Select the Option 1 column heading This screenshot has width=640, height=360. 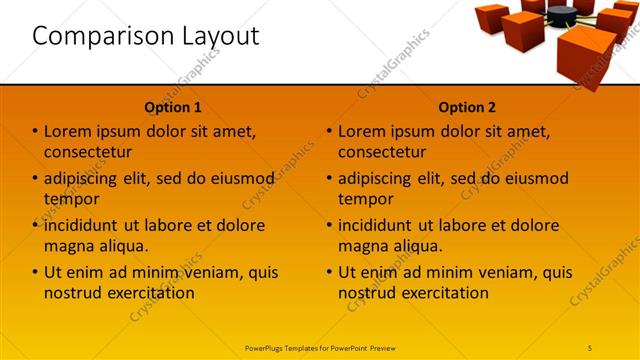pos(173,107)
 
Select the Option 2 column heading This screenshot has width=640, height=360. pos(467,107)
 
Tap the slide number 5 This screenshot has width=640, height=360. pos(590,347)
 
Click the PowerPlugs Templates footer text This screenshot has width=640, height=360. pos(320,347)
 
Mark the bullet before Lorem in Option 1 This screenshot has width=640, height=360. pos(35,131)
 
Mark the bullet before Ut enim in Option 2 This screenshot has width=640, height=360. pos(329,272)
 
